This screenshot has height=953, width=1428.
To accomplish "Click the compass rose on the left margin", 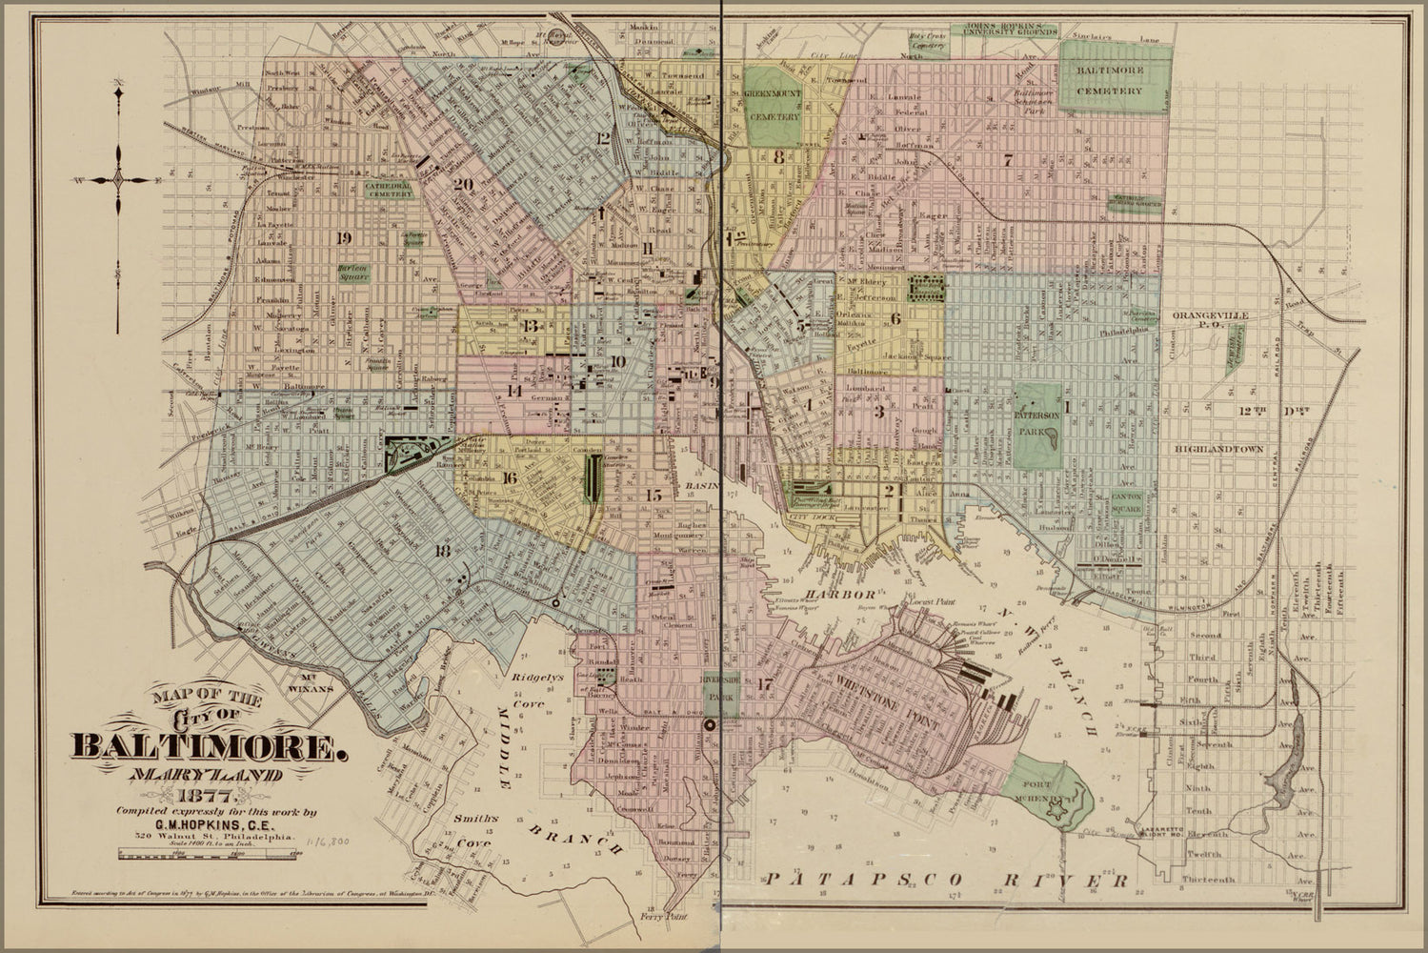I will point(119,178).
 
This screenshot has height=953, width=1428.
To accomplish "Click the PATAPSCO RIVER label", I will point(947,878).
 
